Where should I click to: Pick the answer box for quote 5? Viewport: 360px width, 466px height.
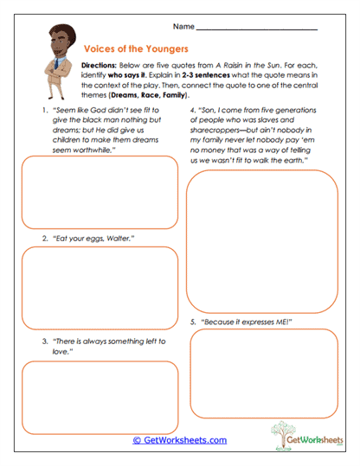262,373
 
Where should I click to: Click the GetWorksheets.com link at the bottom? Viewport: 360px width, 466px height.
180,440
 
